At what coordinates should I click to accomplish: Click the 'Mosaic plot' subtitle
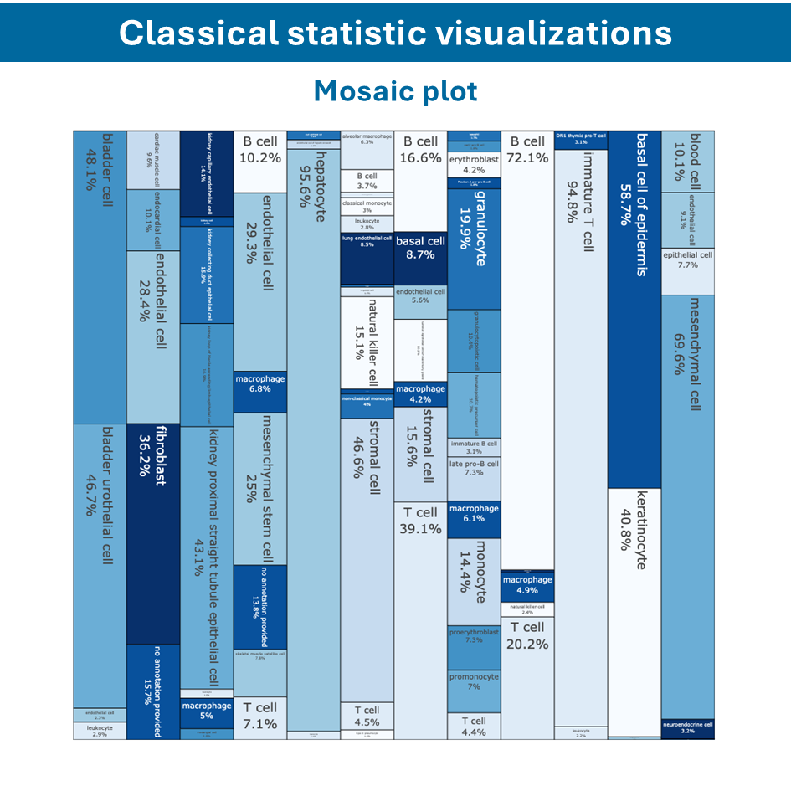tap(395, 91)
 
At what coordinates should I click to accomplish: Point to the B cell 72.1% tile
tap(527, 352)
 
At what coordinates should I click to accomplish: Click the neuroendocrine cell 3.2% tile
tap(687, 728)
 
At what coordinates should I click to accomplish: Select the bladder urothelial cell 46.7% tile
tap(99, 565)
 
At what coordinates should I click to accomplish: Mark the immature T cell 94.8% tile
tap(580, 435)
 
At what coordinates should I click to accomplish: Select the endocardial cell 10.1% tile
tap(152, 220)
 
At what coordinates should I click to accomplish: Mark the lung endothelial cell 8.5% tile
tap(367, 259)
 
